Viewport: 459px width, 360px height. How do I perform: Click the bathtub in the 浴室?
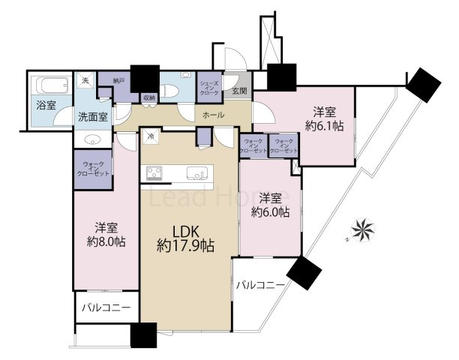pyautogui.click(x=50, y=85)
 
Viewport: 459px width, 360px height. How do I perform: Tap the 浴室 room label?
pyautogui.click(x=46, y=105)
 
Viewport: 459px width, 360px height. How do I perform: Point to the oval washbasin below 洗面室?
pyautogui.click(x=92, y=139)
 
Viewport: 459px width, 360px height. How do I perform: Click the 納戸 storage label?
pyautogui.click(x=118, y=79)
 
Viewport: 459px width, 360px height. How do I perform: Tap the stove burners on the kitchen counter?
pyautogui.click(x=156, y=173)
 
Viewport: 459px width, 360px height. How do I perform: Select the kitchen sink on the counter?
pyautogui.click(x=197, y=173)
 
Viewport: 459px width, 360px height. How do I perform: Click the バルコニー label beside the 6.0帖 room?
pyautogui.click(x=260, y=286)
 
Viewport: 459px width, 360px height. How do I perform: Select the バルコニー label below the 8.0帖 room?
pyautogui.click(x=104, y=308)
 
